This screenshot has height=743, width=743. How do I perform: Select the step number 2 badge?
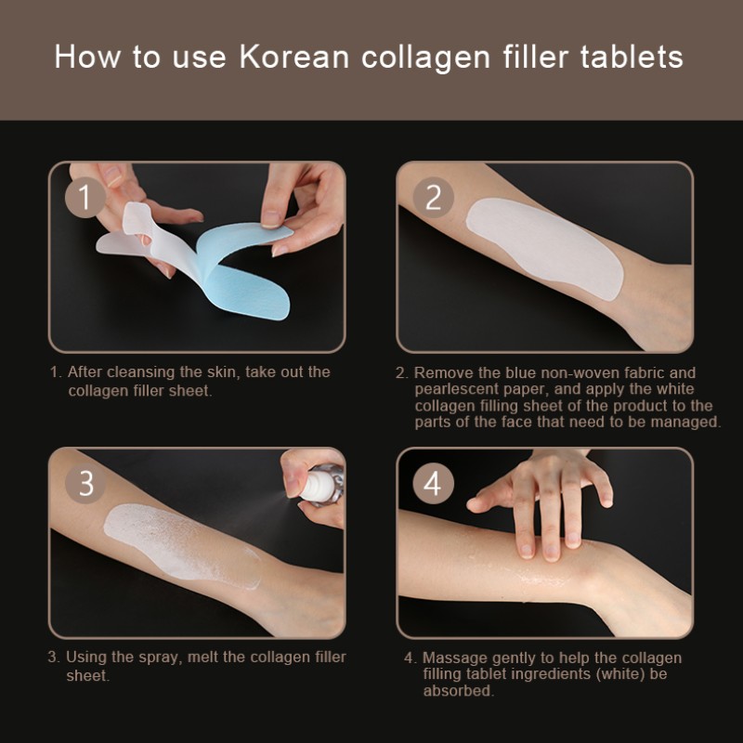(433, 199)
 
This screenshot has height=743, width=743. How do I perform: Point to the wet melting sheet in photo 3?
(176, 539)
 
